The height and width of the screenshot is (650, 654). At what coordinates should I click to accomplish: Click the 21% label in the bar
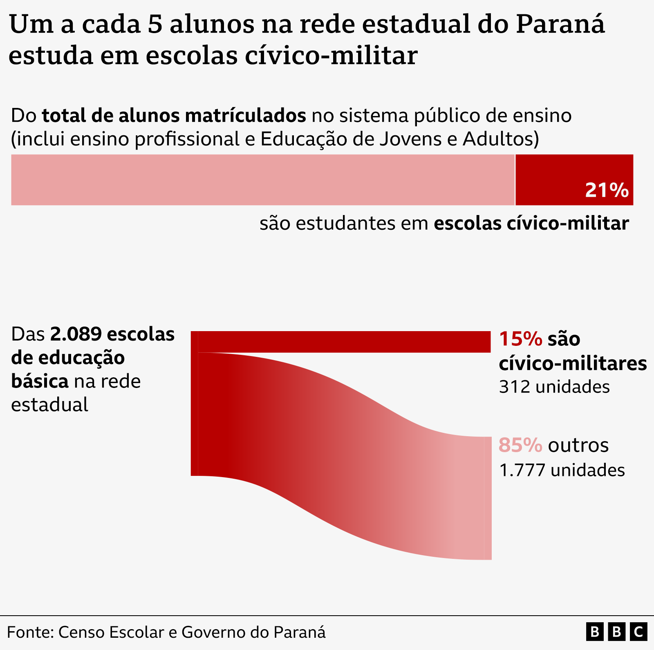coord(607,191)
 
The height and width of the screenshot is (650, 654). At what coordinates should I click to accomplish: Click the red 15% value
coord(520,339)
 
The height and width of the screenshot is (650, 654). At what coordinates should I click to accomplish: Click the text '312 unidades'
coord(554,387)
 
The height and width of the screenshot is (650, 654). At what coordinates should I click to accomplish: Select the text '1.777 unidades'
coord(562,470)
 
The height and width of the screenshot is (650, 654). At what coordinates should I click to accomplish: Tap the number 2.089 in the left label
coord(76,334)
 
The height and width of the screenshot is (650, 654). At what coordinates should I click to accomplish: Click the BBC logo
coord(617,632)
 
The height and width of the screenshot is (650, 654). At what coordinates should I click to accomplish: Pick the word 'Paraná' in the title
coord(560,25)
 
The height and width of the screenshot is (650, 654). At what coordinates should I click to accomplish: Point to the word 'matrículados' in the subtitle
coord(245,116)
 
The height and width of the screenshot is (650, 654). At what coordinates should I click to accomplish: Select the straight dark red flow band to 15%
coord(343,342)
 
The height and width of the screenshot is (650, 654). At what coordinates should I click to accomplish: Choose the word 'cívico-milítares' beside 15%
coord(572,363)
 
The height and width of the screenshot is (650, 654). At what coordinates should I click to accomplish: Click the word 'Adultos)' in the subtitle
coord(501,139)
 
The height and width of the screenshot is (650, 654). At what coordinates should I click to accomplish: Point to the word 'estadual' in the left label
coord(49,405)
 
